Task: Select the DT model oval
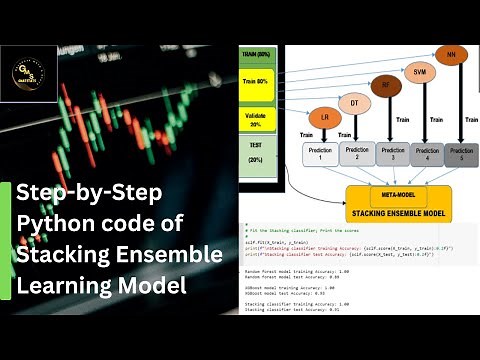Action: tap(352, 102)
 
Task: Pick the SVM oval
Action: tap(419, 72)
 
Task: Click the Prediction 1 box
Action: tap(319, 154)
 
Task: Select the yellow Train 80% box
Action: tap(256, 84)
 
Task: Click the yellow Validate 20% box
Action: tap(256, 119)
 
